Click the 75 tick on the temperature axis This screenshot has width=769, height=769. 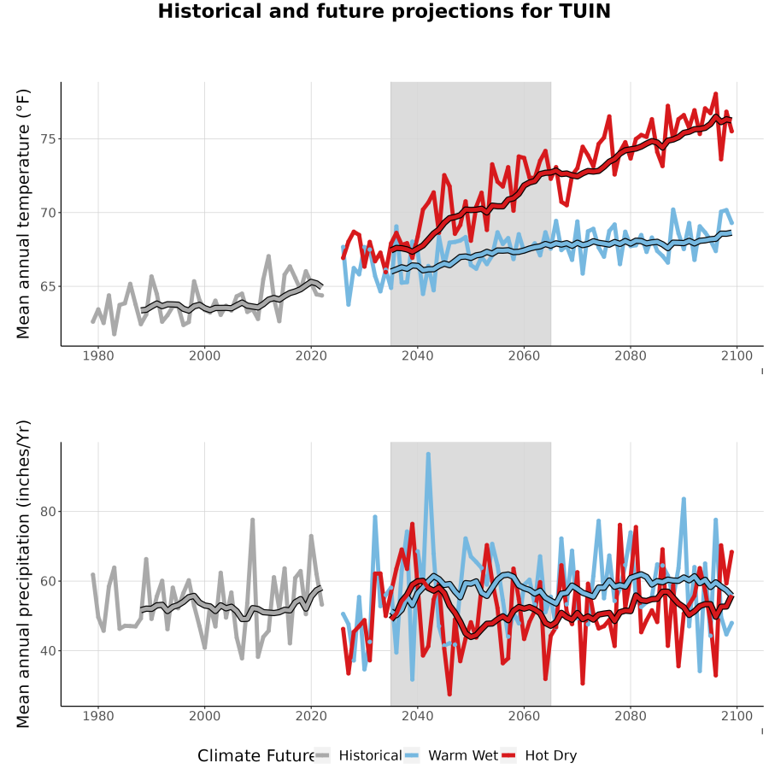tap(49, 139)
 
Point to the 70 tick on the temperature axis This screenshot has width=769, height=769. tap(49, 213)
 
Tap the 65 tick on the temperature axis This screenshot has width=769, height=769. tap(49, 286)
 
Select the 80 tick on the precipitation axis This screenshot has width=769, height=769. tap(49, 512)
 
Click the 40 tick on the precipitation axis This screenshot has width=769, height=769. tap(49, 651)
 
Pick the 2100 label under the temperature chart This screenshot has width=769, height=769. tap(737, 355)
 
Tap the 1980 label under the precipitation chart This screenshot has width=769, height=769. tap(98, 716)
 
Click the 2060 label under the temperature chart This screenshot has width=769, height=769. tap(524, 355)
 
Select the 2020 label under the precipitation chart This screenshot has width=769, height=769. tap(311, 716)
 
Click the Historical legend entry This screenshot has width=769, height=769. tap(357, 755)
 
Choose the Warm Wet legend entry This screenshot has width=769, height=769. tap(451, 755)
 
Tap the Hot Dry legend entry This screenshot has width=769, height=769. tap(538, 755)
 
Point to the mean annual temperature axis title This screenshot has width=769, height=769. tap(23, 214)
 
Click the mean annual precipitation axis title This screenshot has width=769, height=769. tap(23, 574)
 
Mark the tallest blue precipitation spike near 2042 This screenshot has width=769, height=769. tap(428, 455)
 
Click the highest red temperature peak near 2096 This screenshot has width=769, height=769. tap(715, 94)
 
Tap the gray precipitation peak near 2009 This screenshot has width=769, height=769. tap(253, 520)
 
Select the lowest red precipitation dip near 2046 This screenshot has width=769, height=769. tap(449, 695)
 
